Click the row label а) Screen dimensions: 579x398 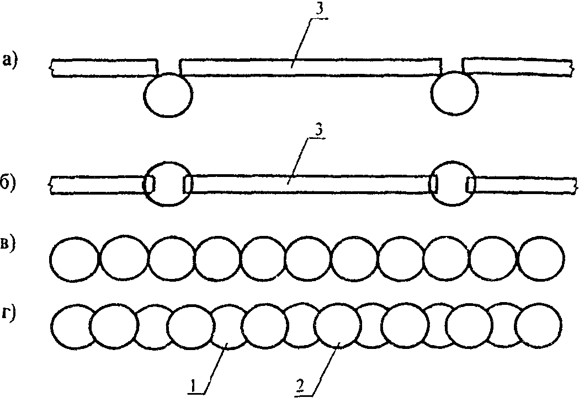[10, 60]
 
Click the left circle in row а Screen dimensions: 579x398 [168, 95]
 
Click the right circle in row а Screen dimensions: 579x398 [455, 94]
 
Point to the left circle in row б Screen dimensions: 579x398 [167, 184]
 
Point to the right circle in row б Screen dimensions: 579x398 [454, 184]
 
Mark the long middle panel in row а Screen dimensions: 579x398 [309, 67]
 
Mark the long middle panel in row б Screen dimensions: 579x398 [309, 184]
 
